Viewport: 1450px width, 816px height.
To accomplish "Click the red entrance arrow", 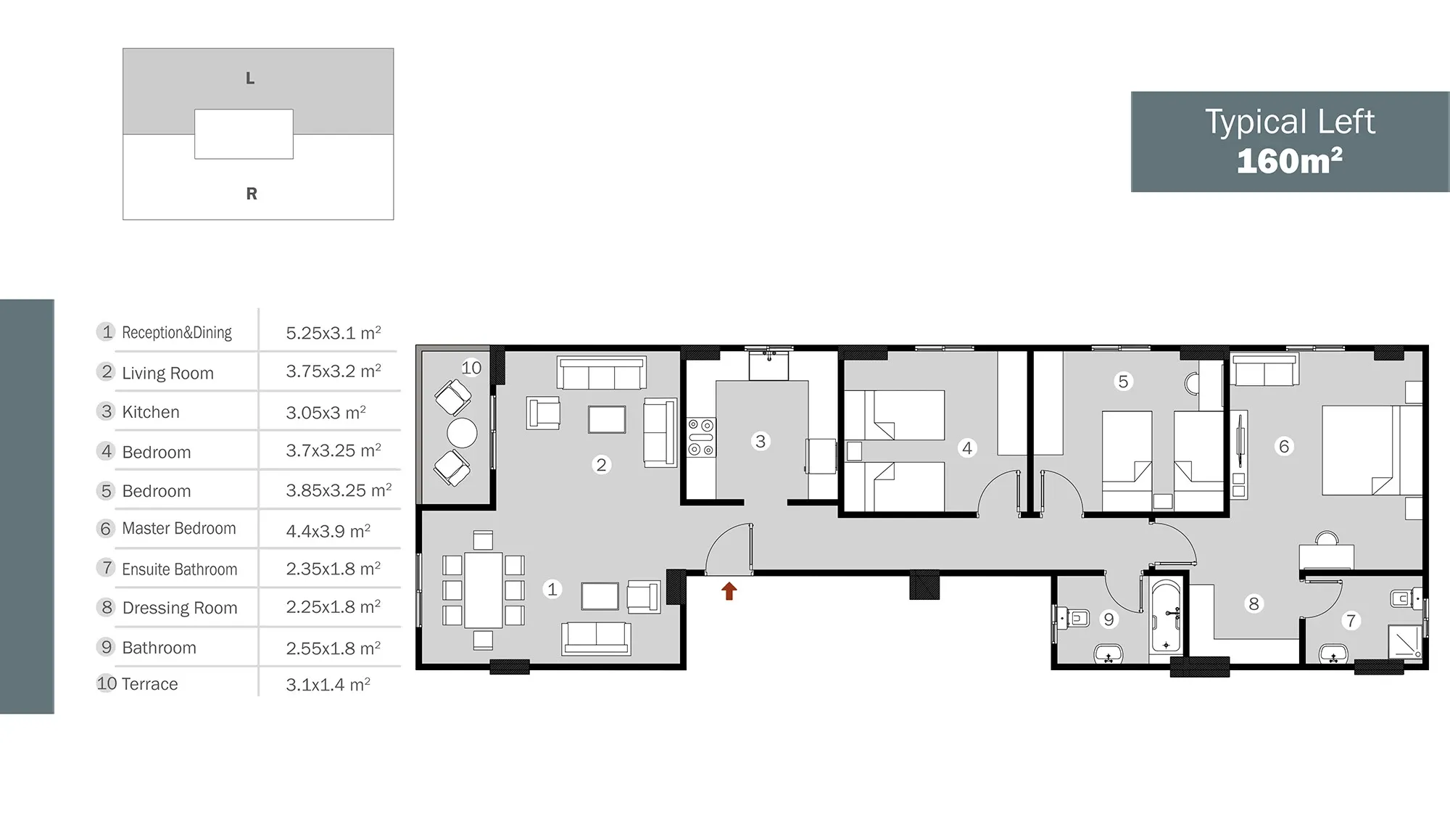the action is tap(729, 591).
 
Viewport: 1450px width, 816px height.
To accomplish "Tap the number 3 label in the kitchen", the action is tap(761, 441).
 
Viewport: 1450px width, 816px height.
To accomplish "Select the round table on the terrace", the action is tap(462, 433).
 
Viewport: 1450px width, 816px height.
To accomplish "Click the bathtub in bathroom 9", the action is tap(1166, 617).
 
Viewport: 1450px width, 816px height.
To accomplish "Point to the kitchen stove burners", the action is tap(700, 437).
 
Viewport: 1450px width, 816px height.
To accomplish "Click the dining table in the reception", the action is tap(484, 590).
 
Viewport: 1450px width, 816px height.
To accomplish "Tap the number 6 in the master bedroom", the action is tap(1284, 446).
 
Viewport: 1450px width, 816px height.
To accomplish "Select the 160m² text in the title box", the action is tap(1290, 161).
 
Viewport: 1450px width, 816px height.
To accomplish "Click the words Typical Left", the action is tap(1290, 121).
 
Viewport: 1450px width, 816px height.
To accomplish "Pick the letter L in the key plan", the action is tap(250, 78).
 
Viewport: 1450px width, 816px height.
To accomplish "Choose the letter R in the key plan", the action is tap(252, 194).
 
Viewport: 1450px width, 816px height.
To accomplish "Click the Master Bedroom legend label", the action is tap(179, 528).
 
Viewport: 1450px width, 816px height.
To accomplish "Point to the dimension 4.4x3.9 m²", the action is tap(328, 530).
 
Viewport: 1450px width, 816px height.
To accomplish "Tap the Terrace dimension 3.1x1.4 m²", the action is tap(328, 684).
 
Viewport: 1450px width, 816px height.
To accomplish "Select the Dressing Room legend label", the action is tap(180, 608).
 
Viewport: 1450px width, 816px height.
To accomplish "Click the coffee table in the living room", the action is tap(607, 419).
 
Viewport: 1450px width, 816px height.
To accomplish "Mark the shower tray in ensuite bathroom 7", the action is tap(1405, 640).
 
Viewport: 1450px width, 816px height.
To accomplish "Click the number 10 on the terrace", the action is tap(471, 368).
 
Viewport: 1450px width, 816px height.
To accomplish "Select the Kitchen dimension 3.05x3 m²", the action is tap(326, 412).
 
